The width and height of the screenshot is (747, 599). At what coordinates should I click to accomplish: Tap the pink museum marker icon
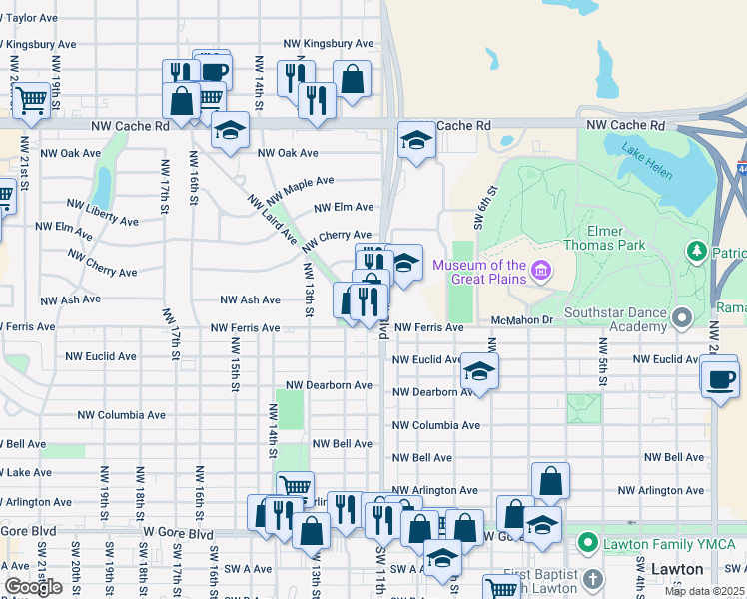point(540,270)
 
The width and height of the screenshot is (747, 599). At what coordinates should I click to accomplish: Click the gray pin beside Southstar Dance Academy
point(682,318)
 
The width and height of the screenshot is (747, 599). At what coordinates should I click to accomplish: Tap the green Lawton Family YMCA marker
point(587,544)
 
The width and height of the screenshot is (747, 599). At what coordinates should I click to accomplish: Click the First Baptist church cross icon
point(592,579)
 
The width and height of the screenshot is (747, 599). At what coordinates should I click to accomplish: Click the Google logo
point(33,587)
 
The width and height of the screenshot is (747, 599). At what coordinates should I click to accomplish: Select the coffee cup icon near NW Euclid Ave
point(720,379)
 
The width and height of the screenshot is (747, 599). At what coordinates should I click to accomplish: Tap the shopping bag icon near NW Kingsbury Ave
point(352,79)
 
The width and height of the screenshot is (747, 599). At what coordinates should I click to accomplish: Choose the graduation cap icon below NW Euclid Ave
point(480,373)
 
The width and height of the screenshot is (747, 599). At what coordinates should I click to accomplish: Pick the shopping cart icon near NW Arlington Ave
point(295,487)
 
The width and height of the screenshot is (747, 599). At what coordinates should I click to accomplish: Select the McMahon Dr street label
point(521,320)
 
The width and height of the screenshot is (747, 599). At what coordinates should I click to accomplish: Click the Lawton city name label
point(678,569)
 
